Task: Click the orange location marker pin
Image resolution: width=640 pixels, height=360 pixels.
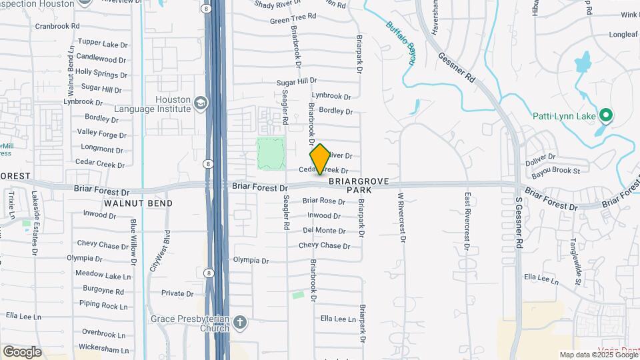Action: tap(321, 159)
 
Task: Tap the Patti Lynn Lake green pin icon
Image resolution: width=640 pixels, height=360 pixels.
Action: tap(606, 116)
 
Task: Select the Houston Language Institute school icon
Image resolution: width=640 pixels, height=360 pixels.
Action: tap(200, 103)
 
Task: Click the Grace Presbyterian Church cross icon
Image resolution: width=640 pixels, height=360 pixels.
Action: tap(240, 323)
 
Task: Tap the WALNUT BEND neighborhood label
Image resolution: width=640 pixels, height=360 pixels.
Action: tap(138, 203)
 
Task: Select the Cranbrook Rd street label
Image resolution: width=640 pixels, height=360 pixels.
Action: tap(57, 26)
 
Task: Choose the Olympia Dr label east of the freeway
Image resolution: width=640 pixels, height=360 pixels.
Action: tap(251, 261)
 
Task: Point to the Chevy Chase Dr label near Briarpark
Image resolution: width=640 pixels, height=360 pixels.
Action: tap(324, 245)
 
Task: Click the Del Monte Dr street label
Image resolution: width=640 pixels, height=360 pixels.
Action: tap(324, 231)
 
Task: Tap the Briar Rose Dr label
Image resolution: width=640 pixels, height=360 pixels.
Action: tap(323, 201)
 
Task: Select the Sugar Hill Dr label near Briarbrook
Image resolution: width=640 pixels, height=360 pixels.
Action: tap(297, 81)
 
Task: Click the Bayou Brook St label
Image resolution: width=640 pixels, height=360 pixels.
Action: tap(558, 171)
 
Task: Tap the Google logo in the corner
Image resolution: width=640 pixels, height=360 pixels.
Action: tap(22, 351)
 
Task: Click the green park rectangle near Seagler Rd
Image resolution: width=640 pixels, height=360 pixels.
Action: tap(271, 153)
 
